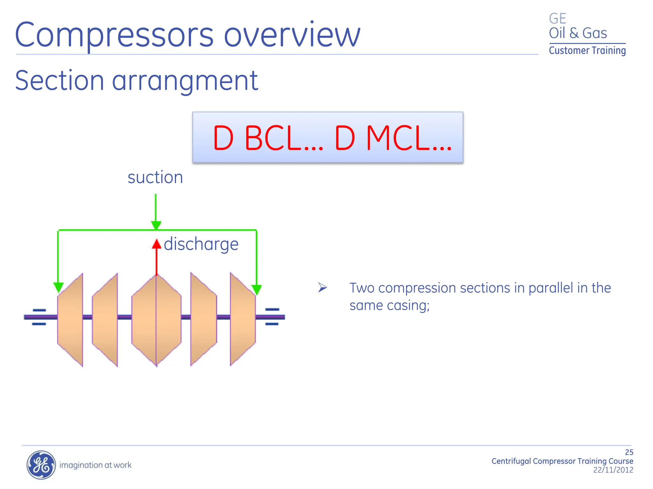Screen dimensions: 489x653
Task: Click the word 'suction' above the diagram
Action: tap(155, 177)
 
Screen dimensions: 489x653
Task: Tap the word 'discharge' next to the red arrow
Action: tap(201, 244)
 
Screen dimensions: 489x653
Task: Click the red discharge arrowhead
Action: tap(156, 244)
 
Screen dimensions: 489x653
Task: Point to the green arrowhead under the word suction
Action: tap(156, 225)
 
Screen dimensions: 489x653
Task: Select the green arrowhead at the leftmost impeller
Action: tap(58, 287)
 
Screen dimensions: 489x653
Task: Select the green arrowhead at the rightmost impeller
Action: tap(256, 289)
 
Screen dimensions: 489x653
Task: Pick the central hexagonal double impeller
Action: tap(156, 320)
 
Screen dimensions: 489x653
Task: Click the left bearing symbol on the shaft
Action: tap(39, 317)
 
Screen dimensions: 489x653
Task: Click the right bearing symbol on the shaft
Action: tap(272, 317)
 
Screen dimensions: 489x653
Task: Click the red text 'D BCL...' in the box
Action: tap(267, 138)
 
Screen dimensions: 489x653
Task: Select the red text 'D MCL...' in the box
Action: tap(393, 138)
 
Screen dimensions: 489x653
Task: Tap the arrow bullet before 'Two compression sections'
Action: tap(322, 288)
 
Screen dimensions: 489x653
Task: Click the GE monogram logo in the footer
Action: tap(41, 465)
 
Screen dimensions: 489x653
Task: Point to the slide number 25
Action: tap(629, 452)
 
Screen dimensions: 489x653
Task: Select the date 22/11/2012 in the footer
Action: tap(613, 470)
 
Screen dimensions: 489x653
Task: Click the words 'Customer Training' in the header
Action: tap(587, 51)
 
